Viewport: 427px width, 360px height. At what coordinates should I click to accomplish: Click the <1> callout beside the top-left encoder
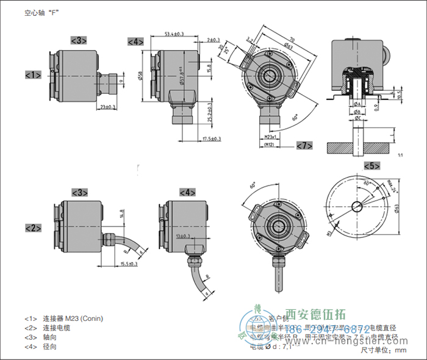click(x=33, y=75)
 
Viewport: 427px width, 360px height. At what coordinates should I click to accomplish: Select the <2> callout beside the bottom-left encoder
click(x=33, y=228)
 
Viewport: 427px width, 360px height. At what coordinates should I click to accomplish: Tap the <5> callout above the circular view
click(x=371, y=166)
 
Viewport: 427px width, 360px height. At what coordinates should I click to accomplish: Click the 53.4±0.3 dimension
click(x=175, y=34)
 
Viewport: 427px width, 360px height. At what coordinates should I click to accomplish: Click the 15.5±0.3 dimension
click(x=128, y=264)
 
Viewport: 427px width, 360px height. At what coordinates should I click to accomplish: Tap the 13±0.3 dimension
click(x=182, y=236)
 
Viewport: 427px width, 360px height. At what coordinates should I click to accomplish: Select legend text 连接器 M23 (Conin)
click(x=73, y=319)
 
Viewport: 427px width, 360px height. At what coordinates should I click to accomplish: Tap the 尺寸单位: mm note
click(x=383, y=350)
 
